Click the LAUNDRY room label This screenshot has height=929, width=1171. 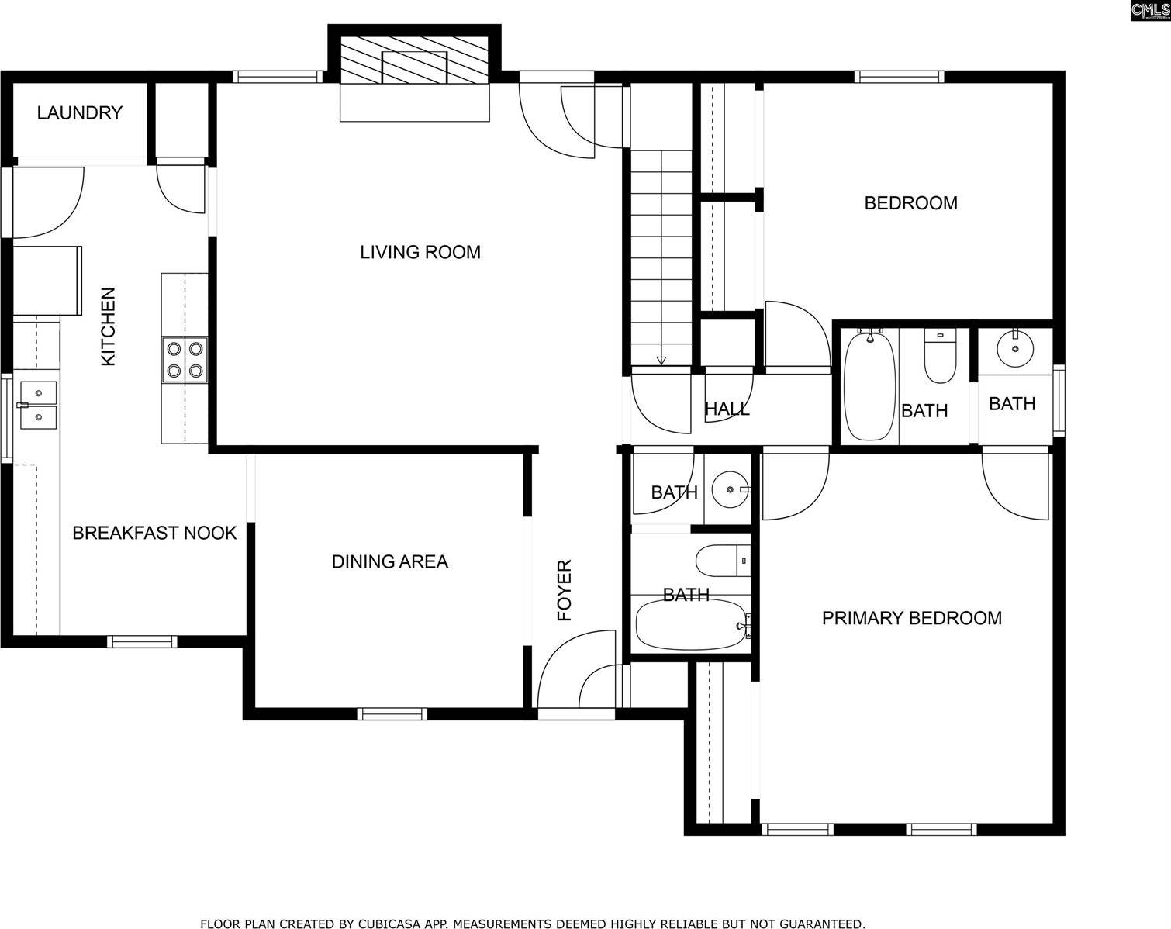79,113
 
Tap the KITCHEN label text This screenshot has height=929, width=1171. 108,326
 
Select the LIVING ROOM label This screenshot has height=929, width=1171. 420,252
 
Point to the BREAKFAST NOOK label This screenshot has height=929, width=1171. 154,533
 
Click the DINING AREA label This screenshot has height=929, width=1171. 389,561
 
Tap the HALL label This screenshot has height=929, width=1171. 727,409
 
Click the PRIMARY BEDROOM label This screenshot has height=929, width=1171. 911,618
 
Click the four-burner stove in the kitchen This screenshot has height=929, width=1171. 185,360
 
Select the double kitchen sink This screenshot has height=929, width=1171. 38,406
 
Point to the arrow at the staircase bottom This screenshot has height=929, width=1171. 661,360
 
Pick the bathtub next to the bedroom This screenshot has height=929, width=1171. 869,385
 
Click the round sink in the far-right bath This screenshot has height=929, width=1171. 1014,348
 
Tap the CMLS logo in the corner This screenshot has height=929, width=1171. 1149,10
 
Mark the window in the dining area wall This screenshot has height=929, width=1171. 392,714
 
